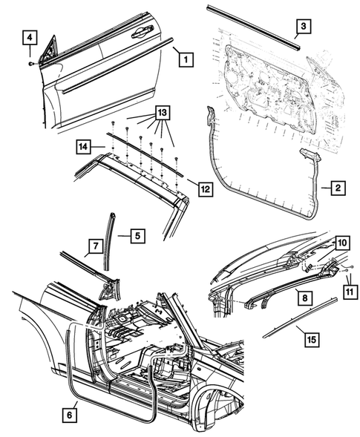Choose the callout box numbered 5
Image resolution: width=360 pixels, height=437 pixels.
(137, 236)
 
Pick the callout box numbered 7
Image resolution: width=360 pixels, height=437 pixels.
(94, 245)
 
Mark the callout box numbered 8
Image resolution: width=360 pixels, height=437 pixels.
(304, 296)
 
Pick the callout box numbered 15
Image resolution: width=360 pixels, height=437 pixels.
(312, 339)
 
